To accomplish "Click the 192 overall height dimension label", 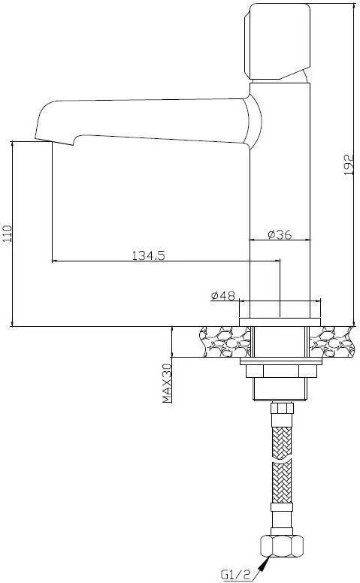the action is click(349, 165).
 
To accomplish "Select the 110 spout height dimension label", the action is click(8, 234).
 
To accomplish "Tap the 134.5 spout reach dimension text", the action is click(148, 255).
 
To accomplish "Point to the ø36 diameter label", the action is click(280, 234).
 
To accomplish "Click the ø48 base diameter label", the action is click(222, 295).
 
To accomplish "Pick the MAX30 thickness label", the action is click(168, 383).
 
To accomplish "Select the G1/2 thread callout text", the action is click(236, 575).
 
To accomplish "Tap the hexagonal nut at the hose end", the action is click(283, 546).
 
